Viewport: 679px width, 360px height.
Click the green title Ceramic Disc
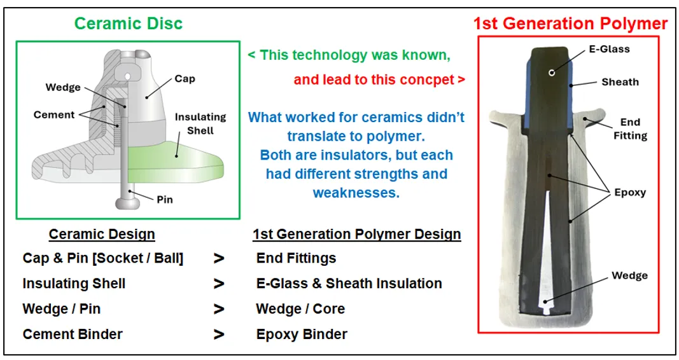coord(128,24)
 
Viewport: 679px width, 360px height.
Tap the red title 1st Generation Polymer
coord(570,24)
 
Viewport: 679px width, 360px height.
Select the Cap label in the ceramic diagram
coord(185,79)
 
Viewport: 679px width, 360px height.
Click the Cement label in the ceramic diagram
coord(54,114)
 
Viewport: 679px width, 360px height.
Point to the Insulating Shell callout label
coord(200,124)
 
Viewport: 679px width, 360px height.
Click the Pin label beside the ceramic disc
coord(165,200)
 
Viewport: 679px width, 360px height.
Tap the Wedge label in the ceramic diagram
coord(63,87)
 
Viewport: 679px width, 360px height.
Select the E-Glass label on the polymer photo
coord(609,50)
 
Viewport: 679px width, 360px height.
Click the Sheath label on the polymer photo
coord(620,82)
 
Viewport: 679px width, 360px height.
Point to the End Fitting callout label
coord(630,129)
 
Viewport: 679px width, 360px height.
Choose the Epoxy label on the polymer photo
coord(630,193)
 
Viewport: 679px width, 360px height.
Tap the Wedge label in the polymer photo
coord(629,275)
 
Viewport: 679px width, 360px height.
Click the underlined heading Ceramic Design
coord(102,234)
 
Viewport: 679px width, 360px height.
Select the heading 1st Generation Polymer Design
coord(357,234)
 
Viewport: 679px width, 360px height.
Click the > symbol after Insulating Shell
coord(219,284)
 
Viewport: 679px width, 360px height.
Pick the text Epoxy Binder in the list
coord(302,335)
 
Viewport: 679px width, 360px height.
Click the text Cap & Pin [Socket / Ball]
coord(103,258)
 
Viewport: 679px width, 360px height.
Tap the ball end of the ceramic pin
coord(125,203)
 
